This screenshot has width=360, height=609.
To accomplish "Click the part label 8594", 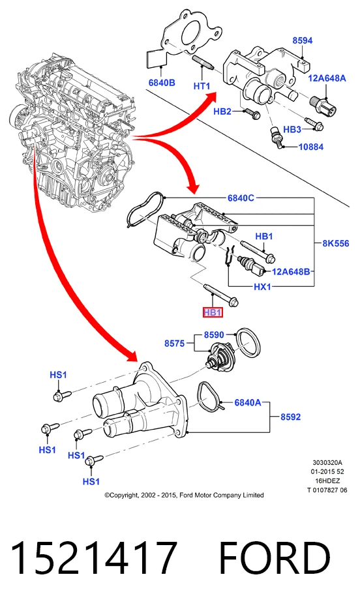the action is [302, 40].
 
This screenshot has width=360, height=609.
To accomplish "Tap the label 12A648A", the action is [327, 78].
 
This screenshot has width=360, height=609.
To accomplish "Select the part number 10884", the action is [310, 147].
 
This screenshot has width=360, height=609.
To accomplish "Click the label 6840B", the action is [162, 82].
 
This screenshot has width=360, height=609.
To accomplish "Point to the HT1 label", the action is [202, 86].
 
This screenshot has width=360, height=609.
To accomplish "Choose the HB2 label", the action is [222, 111].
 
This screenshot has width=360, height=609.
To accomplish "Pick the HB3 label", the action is [292, 129].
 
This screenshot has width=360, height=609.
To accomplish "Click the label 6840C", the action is [241, 198].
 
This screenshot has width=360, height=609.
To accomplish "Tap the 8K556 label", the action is [335, 243].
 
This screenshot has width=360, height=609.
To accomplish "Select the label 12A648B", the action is [291, 271].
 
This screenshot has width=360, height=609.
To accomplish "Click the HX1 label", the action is [262, 287].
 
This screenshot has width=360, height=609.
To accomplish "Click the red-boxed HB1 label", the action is [213, 312].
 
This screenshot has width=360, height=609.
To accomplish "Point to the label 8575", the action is [174, 344].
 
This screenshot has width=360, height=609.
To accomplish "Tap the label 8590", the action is [214, 334].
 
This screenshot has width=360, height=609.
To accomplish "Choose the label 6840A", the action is [247, 403].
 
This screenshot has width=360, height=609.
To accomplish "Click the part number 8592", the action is [290, 417].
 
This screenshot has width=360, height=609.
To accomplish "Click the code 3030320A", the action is [327, 462].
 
